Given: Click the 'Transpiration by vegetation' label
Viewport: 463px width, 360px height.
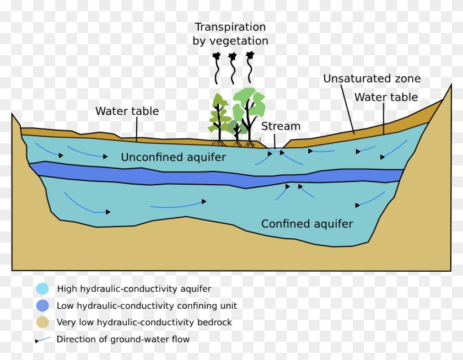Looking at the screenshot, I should [230, 34].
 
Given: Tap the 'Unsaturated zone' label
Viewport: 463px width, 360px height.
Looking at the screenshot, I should [372, 79].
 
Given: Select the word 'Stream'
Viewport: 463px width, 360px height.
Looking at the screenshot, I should [281, 126].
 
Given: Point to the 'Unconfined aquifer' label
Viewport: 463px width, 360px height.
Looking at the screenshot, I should [173, 158].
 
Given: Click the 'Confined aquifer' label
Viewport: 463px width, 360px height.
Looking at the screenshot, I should [306, 224].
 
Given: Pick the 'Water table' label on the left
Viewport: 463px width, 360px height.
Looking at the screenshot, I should [127, 111].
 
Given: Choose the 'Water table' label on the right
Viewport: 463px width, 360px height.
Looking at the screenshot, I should [386, 98].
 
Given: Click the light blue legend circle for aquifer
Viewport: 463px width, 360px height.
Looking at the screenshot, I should [42, 288].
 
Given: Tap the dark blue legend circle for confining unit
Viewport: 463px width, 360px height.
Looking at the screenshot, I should [42, 305].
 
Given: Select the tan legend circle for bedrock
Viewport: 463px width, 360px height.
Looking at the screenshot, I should [42, 323].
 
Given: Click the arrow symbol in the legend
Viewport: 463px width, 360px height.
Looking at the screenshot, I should [43, 340].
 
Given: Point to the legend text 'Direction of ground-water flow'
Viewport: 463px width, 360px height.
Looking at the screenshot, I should [123, 339].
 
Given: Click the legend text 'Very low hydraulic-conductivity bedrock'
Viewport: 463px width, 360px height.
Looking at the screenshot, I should [144, 323].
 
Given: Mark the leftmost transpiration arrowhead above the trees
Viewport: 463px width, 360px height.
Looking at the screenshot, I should [216, 56].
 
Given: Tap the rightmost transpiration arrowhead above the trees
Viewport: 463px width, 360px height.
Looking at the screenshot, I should [250, 55].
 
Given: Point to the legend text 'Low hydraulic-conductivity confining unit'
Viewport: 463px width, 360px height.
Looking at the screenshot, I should [147, 305].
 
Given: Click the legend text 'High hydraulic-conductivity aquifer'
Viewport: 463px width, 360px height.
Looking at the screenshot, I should [134, 288].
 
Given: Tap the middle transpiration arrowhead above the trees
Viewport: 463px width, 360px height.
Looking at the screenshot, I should [232, 56].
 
